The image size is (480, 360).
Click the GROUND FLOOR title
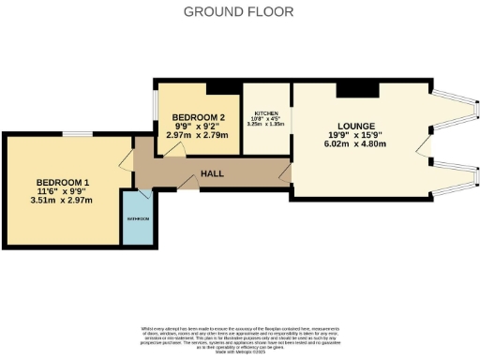tap(238, 12)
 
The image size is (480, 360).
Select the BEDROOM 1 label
tap(63, 182)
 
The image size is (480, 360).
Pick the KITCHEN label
tap(267, 113)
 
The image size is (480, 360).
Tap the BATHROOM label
tap(138, 219)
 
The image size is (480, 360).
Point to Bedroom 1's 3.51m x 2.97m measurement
tap(63, 200)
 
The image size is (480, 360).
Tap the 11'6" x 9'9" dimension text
tap(63, 190)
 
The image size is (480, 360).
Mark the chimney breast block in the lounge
tap(356, 89)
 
